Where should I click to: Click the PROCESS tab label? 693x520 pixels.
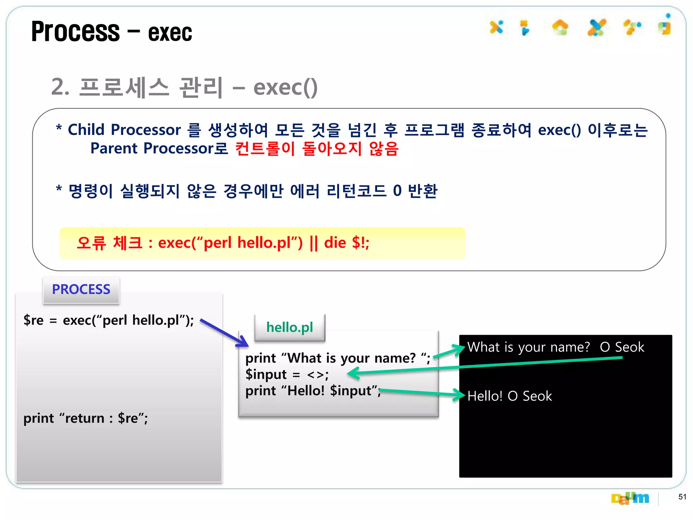[x=81, y=289]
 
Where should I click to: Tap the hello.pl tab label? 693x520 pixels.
[x=290, y=327]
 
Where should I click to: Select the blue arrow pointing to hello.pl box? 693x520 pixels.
[x=225, y=333]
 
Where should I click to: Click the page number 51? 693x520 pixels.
[x=682, y=497]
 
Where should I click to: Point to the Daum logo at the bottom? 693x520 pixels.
[x=630, y=498]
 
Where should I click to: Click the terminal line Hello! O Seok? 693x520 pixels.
[x=509, y=396]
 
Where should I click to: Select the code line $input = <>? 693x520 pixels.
[x=287, y=374]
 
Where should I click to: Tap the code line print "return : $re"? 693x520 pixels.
[x=86, y=418]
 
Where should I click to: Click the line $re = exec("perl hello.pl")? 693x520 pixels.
[x=109, y=320]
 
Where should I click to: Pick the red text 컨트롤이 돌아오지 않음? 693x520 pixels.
[x=317, y=149]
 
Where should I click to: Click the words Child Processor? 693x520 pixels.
[x=124, y=130]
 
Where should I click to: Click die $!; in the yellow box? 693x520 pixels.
[x=346, y=243]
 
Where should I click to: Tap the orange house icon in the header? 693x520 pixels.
[x=560, y=27]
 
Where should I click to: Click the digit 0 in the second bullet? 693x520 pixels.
[x=397, y=191]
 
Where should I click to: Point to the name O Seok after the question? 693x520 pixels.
[x=622, y=347]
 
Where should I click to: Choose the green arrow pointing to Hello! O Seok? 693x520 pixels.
[x=423, y=393]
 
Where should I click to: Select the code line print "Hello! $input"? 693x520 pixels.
[x=313, y=391]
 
